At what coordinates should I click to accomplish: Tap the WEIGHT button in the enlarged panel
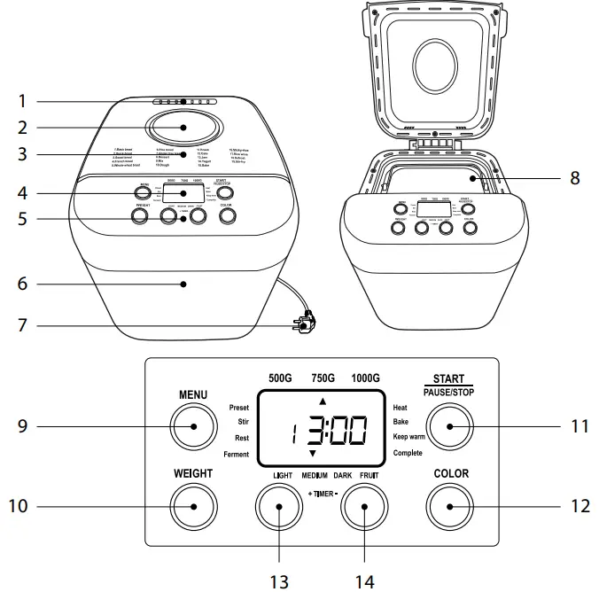point(192,508)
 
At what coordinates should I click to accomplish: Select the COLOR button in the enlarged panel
point(449,508)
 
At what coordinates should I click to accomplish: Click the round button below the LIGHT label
point(279,508)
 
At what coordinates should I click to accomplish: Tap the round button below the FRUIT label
point(365,508)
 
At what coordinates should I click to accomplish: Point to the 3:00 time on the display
point(336,431)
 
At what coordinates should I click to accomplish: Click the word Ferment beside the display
point(236,455)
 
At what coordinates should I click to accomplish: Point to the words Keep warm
point(413,438)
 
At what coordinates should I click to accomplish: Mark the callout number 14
point(365,580)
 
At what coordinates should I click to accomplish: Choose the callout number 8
point(574,177)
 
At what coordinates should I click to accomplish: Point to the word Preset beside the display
point(238,408)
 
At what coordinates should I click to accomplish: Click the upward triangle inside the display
point(309,401)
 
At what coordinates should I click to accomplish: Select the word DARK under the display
point(343,476)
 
